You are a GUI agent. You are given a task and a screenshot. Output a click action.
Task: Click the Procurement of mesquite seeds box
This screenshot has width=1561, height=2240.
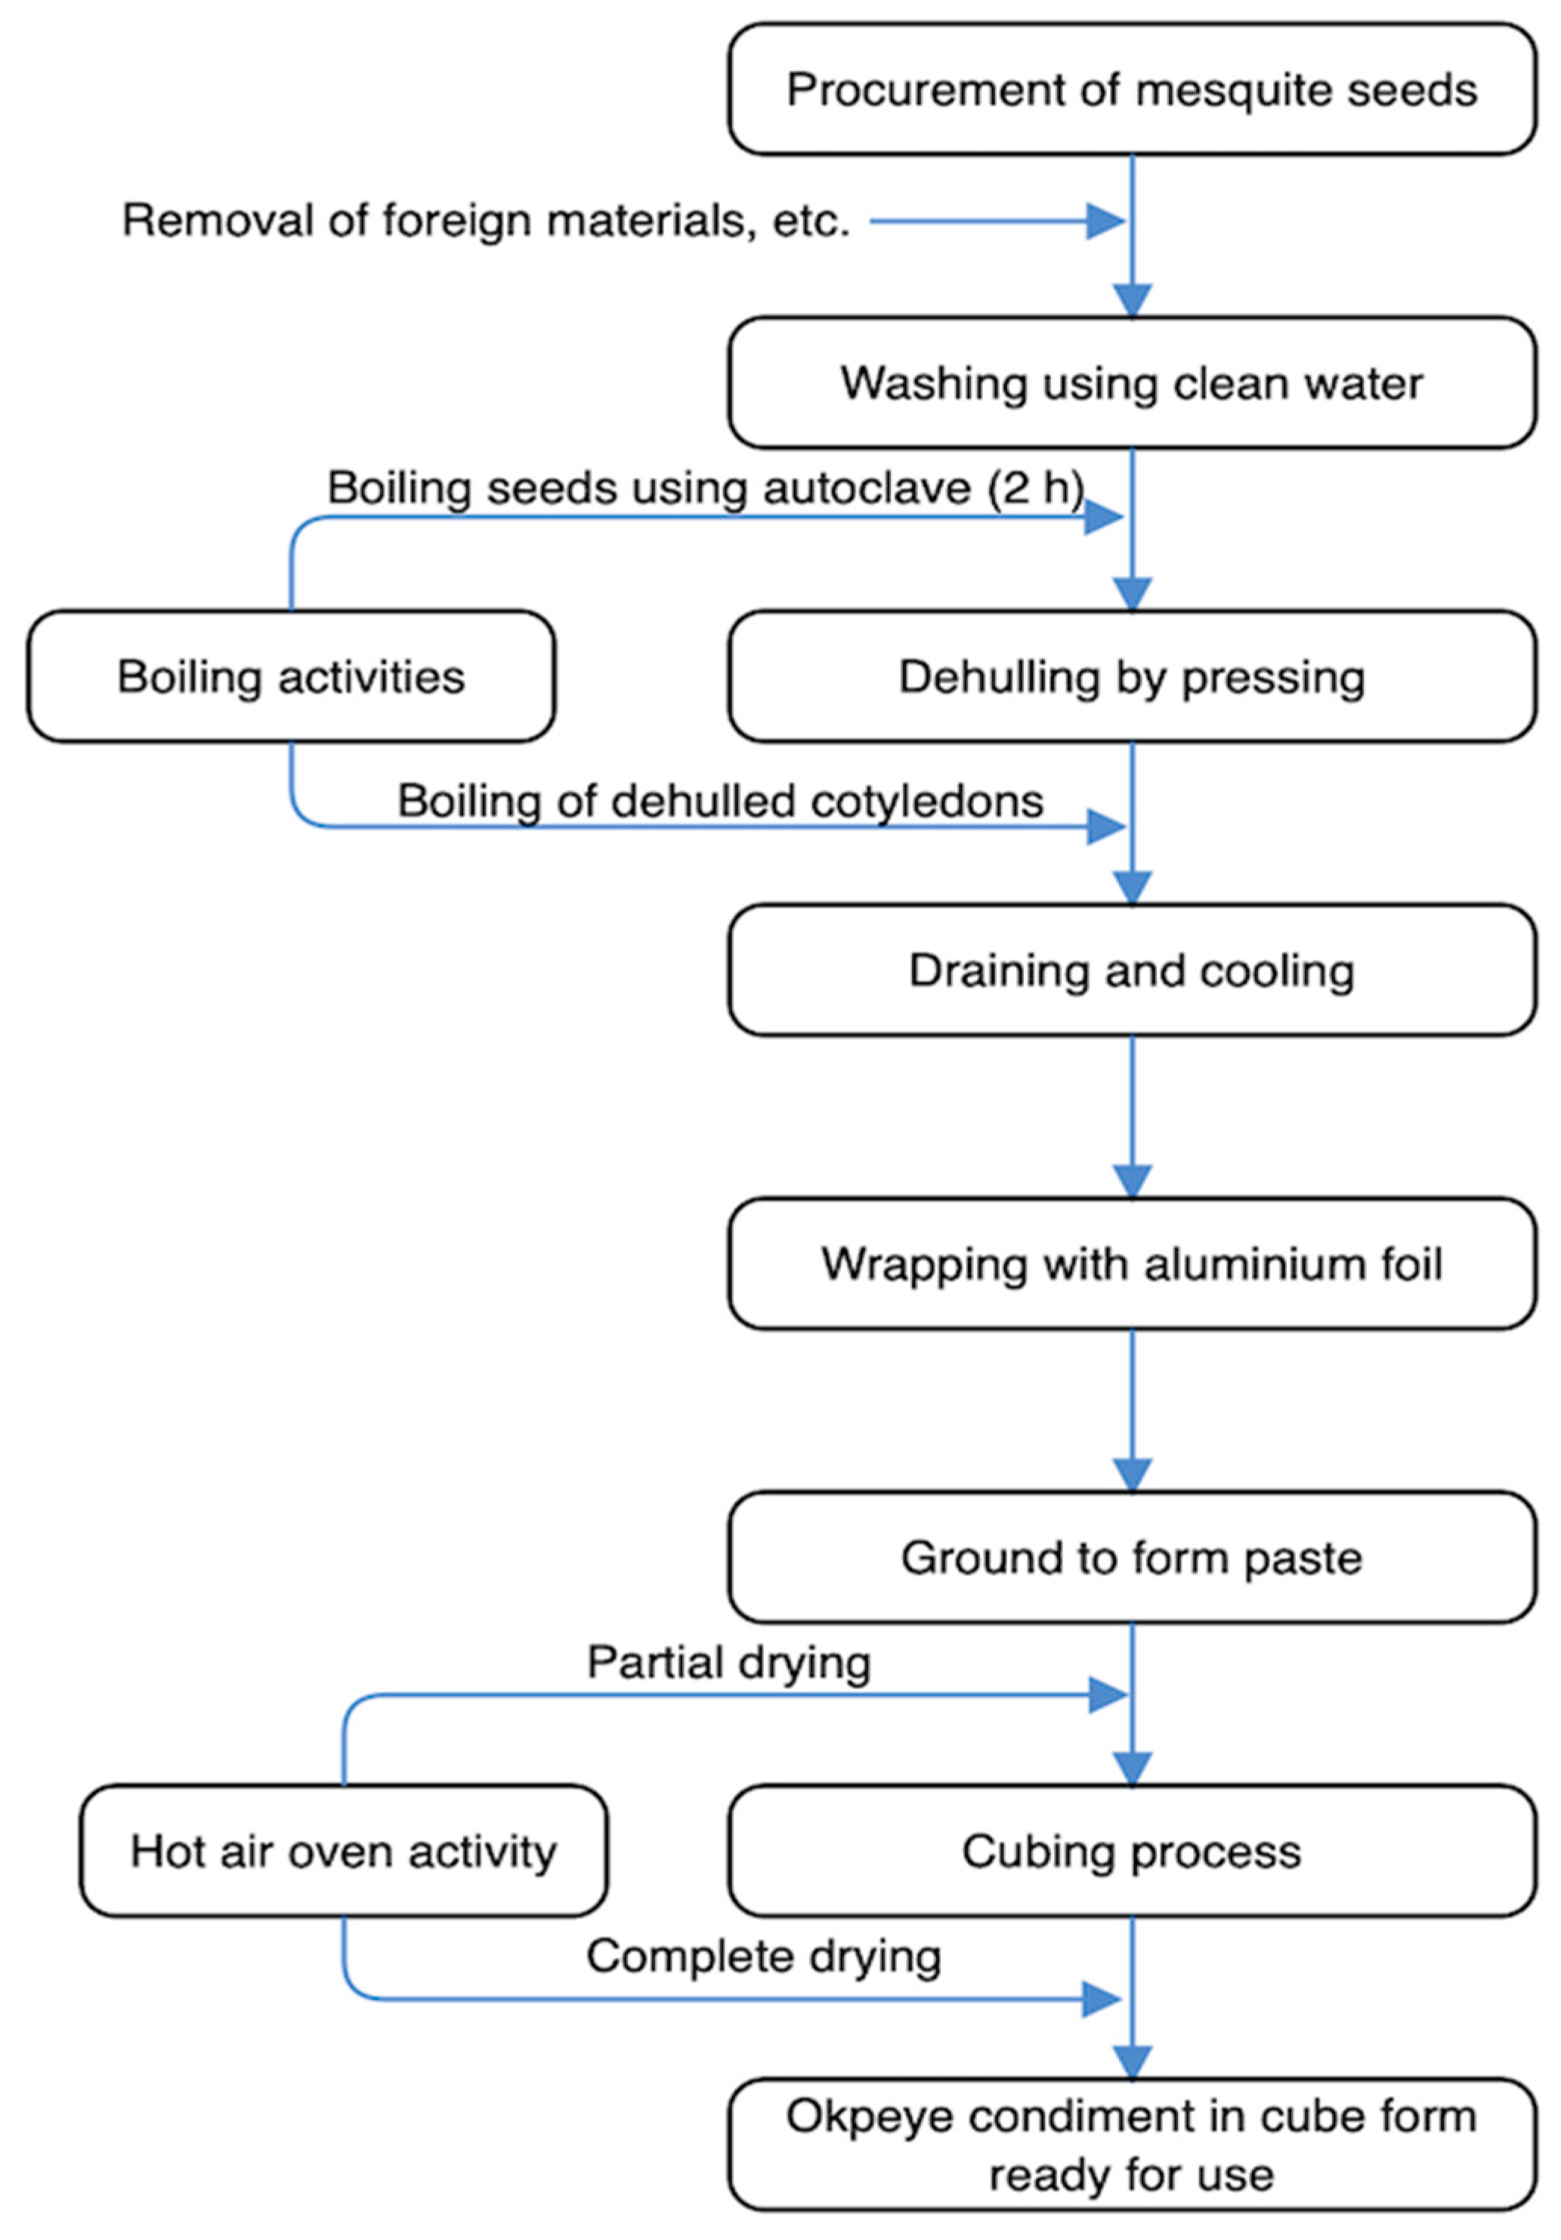pos(1132,90)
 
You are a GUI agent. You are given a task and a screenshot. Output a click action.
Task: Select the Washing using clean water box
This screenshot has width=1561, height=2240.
pos(1132,382)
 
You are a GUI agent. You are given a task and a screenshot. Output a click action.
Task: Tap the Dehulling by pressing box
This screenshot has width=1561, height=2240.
pos(1132,677)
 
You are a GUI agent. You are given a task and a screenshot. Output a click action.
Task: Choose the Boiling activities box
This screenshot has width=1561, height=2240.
pos(291,677)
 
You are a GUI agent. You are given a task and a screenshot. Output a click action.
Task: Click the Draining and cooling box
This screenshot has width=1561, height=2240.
pos(1132,970)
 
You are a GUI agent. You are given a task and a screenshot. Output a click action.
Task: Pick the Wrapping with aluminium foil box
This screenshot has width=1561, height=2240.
pos(1132,1264)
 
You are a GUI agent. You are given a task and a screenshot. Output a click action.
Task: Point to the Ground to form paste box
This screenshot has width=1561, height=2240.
pos(1132,1558)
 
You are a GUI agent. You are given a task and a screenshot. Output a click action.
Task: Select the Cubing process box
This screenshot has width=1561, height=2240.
pos(1132,1852)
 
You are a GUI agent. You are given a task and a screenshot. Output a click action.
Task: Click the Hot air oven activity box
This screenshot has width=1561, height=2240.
pos(344,1852)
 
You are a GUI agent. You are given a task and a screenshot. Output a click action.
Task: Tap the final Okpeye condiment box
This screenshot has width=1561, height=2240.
pos(1132,2146)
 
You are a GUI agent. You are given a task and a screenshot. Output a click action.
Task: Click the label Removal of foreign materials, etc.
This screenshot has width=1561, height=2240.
pos(486,221)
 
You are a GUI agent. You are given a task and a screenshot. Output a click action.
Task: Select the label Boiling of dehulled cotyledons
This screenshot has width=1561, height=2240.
pos(720,802)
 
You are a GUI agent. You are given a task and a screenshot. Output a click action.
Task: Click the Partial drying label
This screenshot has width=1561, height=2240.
pos(728,1663)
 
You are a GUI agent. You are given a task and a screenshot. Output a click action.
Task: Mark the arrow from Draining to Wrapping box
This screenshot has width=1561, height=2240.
pos(1132,1117)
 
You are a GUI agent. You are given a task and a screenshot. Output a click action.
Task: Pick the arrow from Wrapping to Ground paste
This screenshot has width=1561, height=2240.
pos(1132,1411)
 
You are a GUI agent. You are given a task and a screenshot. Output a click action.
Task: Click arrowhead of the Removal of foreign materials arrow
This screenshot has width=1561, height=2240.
pos(1105,221)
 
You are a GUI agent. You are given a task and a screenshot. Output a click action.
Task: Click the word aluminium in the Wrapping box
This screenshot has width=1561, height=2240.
pos(1241,1264)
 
